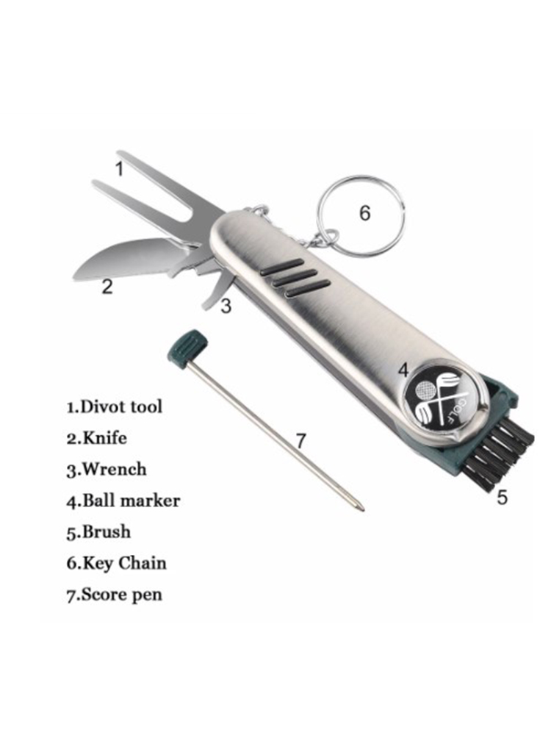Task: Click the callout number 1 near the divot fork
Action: pyautogui.click(x=120, y=168)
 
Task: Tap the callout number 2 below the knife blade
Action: pyautogui.click(x=107, y=287)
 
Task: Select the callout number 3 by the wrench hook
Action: pyautogui.click(x=226, y=306)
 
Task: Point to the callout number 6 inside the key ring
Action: pyautogui.click(x=364, y=213)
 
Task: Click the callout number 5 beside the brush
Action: pyautogui.click(x=502, y=498)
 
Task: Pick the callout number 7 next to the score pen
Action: pyautogui.click(x=300, y=440)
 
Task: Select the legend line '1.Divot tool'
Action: pyautogui.click(x=115, y=406)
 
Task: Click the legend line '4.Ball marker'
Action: pyautogui.click(x=123, y=501)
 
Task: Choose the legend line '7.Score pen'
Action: pyautogui.click(x=115, y=595)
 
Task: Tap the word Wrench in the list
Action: pyautogui.click(x=115, y=469)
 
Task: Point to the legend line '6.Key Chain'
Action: pyautogui.click(x=116, y=563)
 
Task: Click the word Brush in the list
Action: pyautogui.click(x=107, y=531)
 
